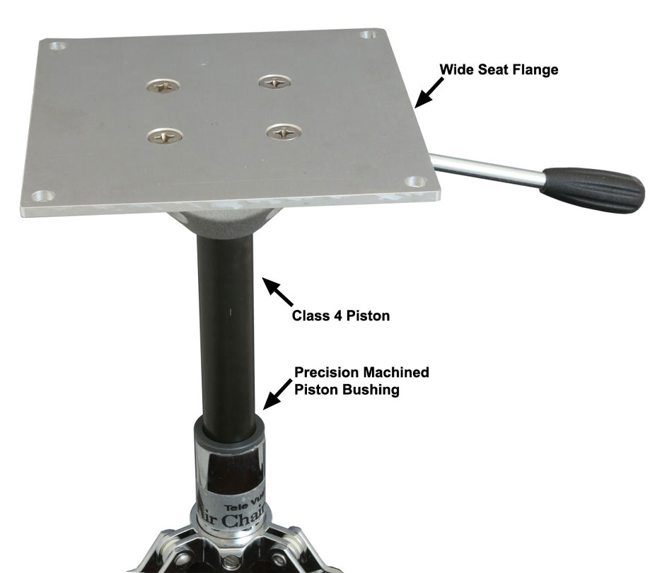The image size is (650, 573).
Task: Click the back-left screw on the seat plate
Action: pos(162,86)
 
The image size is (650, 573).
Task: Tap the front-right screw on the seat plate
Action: pos(283,131)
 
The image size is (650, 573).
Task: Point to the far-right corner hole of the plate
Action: pos(368,35)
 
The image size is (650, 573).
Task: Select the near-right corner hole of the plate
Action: pos(418,182)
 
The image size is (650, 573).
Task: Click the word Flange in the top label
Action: pos(533,69)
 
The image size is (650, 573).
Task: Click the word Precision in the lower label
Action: pos(324,371)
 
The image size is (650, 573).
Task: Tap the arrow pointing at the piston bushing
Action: pos(277,395)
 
